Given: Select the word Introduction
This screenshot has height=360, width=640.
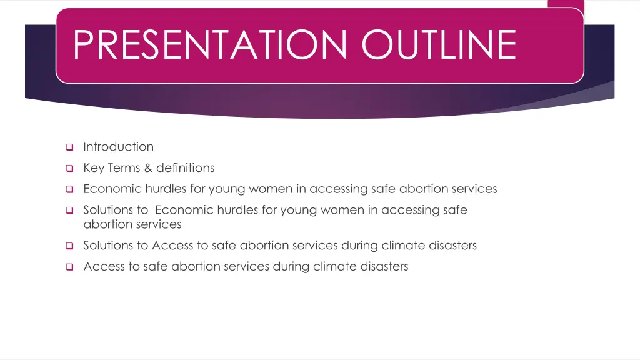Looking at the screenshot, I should (118, 147).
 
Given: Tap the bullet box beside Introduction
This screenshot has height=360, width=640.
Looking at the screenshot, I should (69, 147).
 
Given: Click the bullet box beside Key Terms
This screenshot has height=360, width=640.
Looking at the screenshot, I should (69, 168).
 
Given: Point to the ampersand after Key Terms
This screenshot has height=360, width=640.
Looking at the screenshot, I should (147, 168).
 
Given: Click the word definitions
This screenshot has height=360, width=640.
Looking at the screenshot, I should (185, 168).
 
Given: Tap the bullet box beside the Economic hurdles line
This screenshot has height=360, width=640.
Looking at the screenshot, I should (69, 189).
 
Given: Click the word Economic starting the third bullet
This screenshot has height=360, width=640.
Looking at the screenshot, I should (112, 189).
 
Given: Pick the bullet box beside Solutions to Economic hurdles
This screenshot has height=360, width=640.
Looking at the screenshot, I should (69, 211).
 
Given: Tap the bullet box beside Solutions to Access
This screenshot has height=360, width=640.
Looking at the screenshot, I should (69, 246).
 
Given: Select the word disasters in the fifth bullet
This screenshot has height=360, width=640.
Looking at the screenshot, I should (452, 246).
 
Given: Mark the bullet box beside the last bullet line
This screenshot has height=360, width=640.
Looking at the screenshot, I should (69, 267).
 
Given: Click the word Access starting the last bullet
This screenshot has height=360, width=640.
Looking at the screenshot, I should (102, 267).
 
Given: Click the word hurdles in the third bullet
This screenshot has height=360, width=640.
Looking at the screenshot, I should (162, 189).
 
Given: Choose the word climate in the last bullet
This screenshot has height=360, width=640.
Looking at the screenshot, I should (335, 267).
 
